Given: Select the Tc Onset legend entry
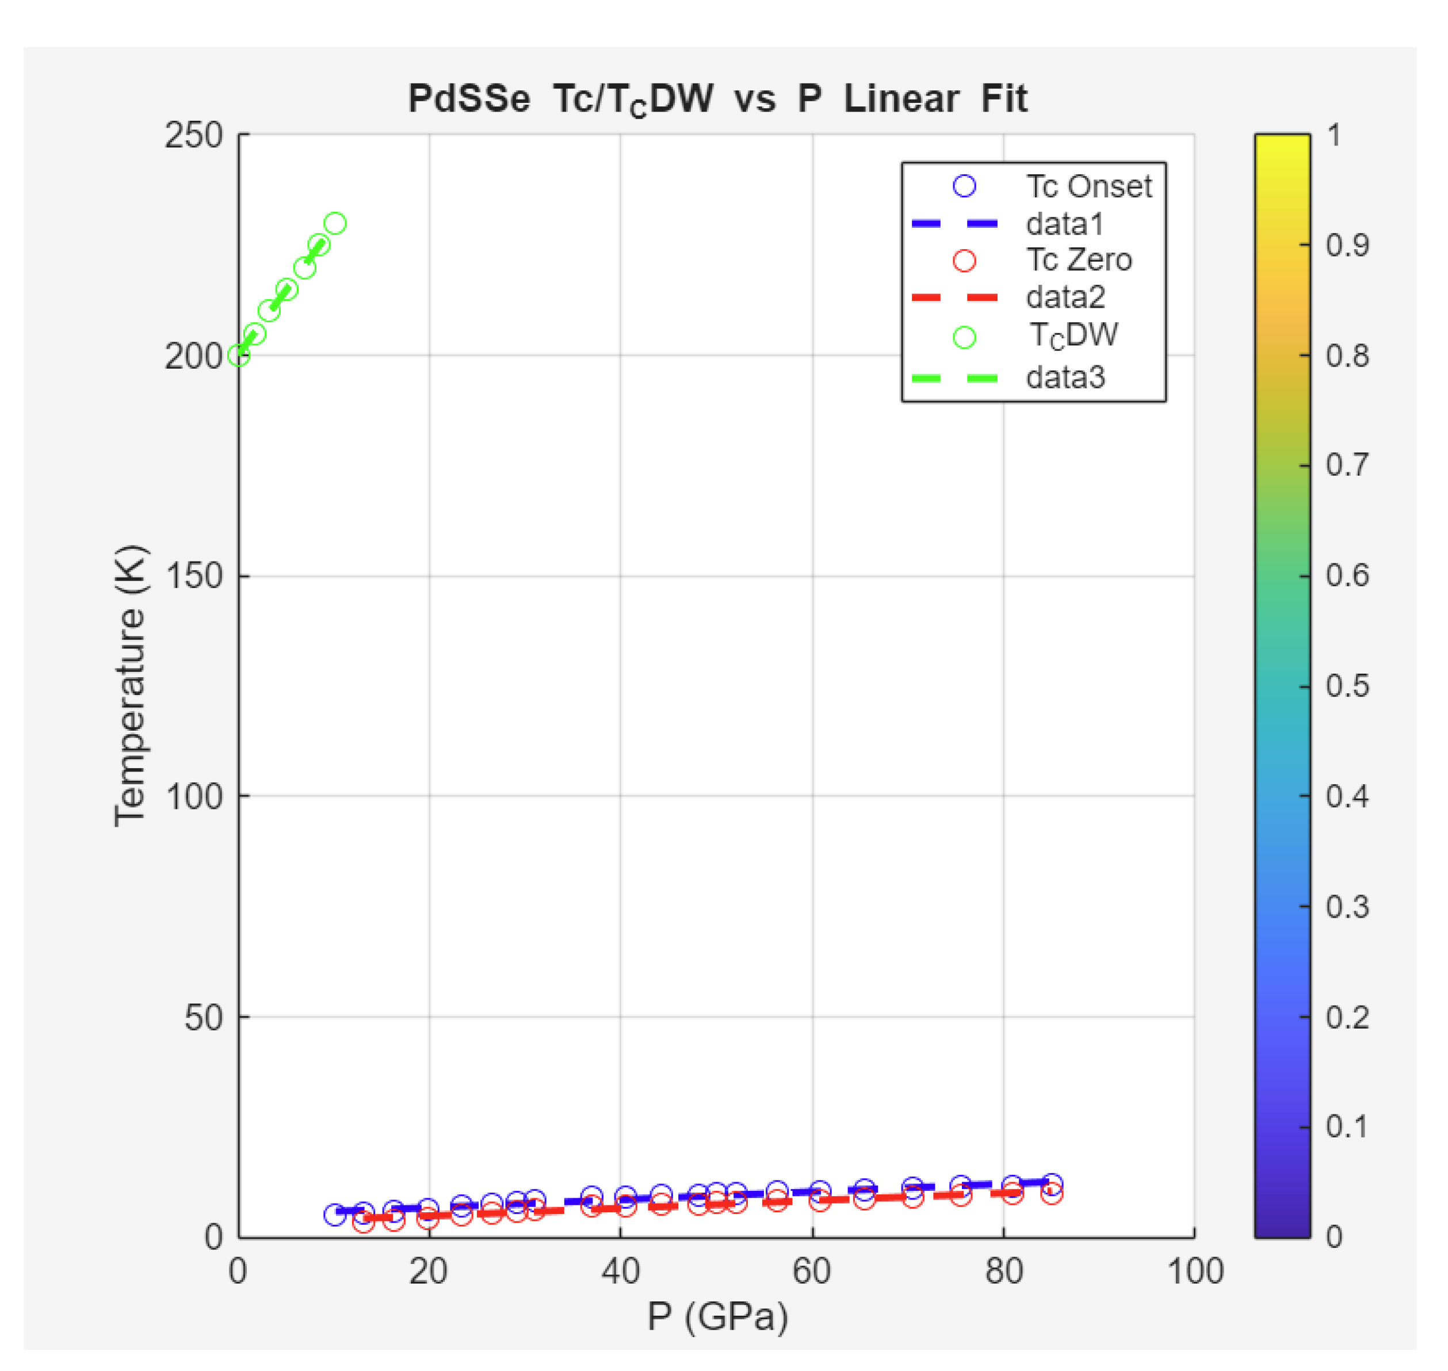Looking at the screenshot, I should (1088, 186).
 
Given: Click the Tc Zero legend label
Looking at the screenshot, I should (1078, 260).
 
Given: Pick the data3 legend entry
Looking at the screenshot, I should (1065, 378).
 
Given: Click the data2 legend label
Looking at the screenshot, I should (1065, 297).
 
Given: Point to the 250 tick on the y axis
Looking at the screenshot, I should (193, 135).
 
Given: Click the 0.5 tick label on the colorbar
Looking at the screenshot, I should (1346, 686).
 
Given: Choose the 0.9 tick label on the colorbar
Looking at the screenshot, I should (1346, 246).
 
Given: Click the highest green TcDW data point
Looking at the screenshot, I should (335, 224).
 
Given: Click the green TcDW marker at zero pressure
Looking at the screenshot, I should (239, 356).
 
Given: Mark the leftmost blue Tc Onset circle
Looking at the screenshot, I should (335, 1215).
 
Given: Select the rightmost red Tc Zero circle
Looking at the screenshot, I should (1051, 1193).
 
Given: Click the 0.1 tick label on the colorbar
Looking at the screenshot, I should (1346, 1126).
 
